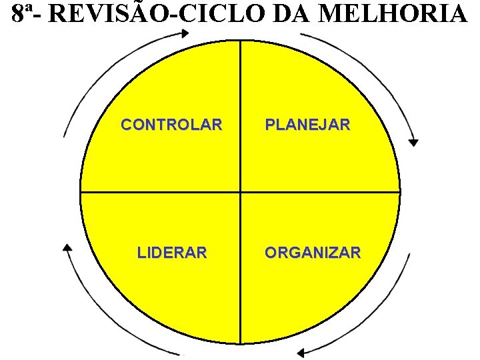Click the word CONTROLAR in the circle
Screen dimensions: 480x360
(171, 125)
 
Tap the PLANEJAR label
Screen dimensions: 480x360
(307, 125)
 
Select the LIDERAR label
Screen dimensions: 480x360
(172, 253)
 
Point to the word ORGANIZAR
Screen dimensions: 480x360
(313, 253)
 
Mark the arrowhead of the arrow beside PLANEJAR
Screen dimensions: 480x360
(414, 142)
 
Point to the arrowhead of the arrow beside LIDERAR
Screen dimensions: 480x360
(67, 248)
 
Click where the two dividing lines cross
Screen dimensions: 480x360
(240, 193)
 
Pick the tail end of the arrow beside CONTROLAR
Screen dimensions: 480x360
(64, 137)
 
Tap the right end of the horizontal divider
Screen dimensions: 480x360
(400, 193)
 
